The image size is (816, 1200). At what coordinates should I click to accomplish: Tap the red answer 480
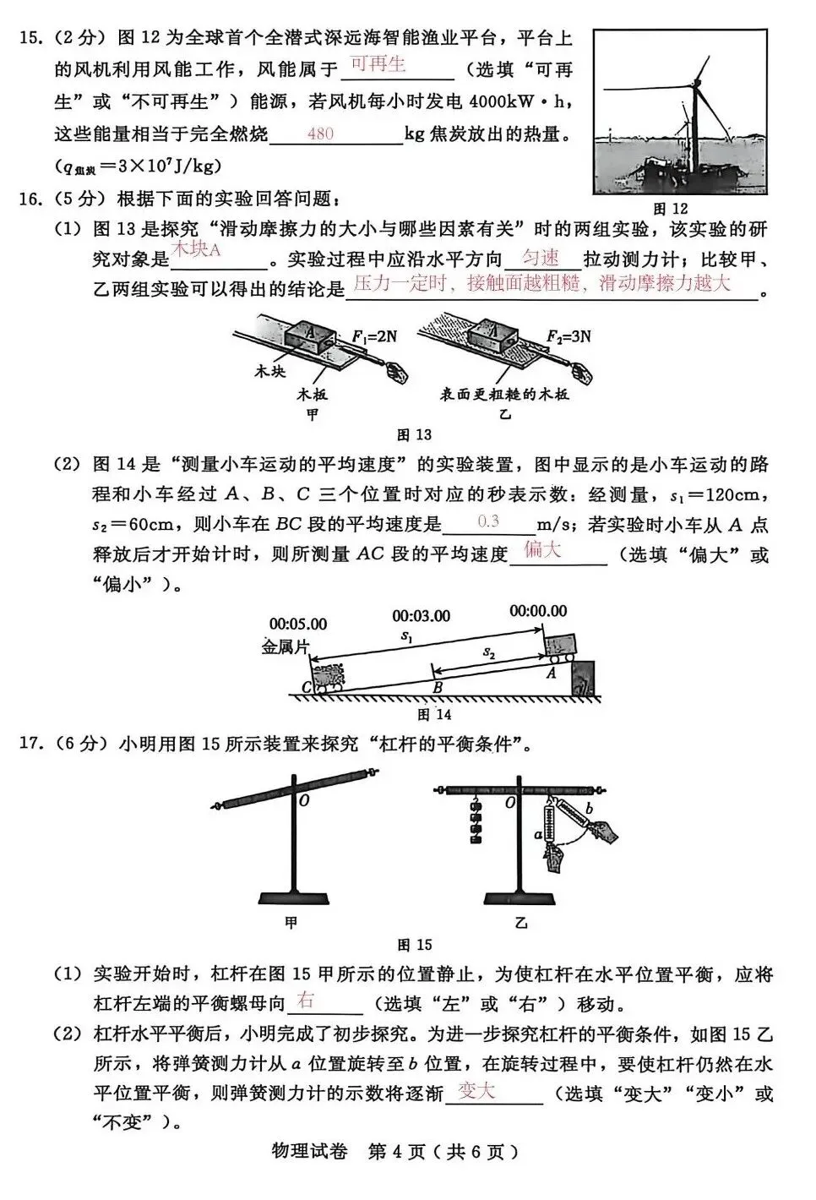pos(320,134)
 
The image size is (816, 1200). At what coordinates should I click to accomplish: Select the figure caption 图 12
pos(671,209)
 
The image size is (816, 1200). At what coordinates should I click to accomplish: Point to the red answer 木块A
pos(196,250)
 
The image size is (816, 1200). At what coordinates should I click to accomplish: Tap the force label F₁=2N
pos(373,336)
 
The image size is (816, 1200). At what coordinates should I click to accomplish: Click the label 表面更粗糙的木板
pos(503,395)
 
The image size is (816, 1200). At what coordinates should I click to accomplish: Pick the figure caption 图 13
pos(414,434)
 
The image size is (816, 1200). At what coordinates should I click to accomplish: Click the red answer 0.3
pos(488,521)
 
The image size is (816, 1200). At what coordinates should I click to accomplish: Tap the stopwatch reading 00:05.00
pos(297,625)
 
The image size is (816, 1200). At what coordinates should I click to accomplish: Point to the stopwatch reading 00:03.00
pos(421,616)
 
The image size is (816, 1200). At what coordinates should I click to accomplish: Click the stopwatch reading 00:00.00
pos(538,610)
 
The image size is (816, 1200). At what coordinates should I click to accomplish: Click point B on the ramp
pos(438,688)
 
